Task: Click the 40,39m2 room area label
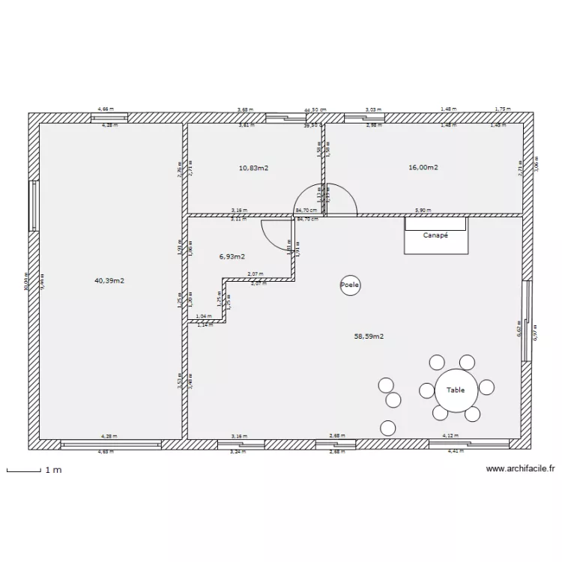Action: point(109,281)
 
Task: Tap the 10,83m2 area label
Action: point(253,168)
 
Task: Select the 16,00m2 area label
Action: point(423,168)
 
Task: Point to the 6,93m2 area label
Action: point(232,256)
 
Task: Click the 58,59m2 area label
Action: point(369,336)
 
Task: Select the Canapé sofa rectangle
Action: point(435,235)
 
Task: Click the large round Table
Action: point(455,390)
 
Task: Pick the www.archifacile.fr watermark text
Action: point(521,469)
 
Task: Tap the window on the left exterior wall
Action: point(32,205)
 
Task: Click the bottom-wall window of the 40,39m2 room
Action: point(110,444)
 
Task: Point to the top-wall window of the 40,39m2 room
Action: point(110,117)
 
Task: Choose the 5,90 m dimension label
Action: point(423,211)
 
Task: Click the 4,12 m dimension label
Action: point(450,435)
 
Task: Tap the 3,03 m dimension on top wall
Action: point(372,109)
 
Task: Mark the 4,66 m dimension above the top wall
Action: point(107,109)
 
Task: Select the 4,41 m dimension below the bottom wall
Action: point(456,452)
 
